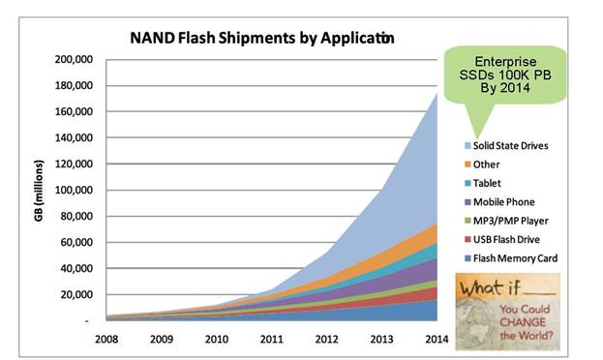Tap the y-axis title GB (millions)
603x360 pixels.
coord(39,191)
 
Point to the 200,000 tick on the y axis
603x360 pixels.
coord(74,59)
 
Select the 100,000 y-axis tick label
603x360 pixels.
coord(74,190)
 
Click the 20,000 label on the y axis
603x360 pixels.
coord(76,294)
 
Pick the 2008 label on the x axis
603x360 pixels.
coord(106,340)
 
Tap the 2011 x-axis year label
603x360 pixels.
coord(272,340)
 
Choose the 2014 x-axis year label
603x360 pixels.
coord(437,340)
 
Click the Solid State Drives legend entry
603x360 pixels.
coord(506,146)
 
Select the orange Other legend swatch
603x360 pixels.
coord(467,165)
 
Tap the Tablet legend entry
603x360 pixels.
coord(483,183)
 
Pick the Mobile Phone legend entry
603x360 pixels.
coord(499,202)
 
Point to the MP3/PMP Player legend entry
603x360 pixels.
coord(506,221)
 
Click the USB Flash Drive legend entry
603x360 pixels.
coord(502,240)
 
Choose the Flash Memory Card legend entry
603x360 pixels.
coord(511,258)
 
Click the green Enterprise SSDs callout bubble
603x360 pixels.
coord(505,75)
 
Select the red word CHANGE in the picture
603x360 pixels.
coord(523,322)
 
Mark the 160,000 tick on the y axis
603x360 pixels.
coord(74,111)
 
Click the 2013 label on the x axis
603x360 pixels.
coord(382,340)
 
